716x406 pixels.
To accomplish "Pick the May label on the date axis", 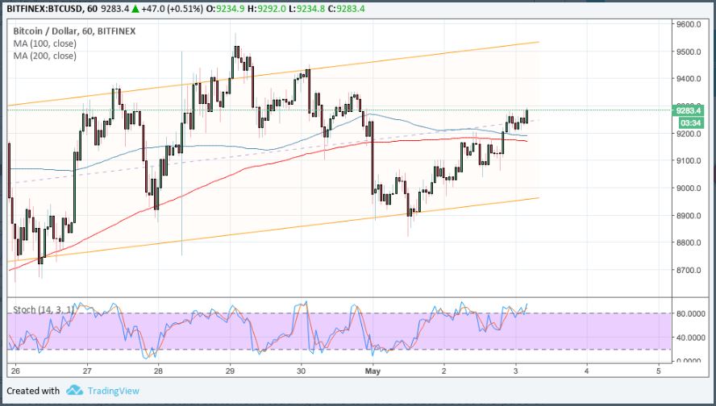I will pos(372,371).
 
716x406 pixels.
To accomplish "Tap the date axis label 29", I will pos(230,371).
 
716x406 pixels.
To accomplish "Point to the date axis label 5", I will pos(659,371).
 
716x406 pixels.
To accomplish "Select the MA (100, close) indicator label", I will pos(44,43).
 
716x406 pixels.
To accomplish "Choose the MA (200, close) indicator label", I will pos(44,56).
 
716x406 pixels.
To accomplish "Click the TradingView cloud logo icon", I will pos(74,391).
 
